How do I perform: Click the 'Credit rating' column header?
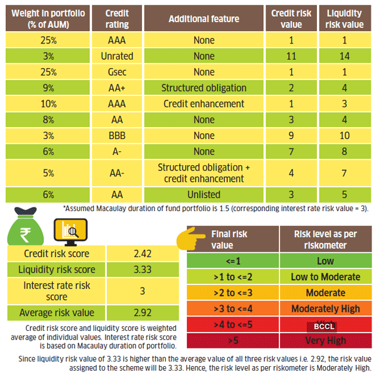(116, 18)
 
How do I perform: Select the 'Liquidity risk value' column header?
(345, 18)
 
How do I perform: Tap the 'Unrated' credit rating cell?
(116, 56)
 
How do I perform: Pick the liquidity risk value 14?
(345, 56)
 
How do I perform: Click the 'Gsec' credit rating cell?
(116, 72)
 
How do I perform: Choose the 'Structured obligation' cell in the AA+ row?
(204, 88)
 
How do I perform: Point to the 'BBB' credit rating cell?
(116, 136)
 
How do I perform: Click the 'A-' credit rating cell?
(116, 152)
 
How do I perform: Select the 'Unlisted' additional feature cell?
(204, 194)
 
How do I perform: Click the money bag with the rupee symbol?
(25, 227)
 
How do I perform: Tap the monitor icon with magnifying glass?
(70, 231)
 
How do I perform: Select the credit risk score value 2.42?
(143, 253)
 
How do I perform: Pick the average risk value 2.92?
(143, 312)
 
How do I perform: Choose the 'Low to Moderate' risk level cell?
(326, 277)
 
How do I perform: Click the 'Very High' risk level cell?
(326, 340)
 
